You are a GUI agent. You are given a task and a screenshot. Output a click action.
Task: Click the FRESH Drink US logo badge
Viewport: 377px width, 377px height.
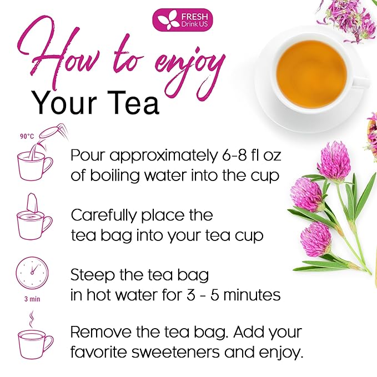[183, 20]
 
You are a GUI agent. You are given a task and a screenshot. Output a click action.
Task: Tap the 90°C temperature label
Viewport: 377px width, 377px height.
[27, 137]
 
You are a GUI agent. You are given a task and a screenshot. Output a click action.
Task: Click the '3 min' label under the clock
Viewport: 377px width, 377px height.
[32, 299]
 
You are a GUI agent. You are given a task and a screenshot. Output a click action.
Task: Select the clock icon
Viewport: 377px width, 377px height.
[32, 273]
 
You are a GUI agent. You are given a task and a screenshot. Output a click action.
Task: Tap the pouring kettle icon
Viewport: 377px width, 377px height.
[53, 133]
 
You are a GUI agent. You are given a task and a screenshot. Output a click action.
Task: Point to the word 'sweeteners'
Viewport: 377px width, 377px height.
[176, 352]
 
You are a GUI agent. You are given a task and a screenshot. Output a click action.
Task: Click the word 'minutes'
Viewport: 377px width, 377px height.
[252, 294]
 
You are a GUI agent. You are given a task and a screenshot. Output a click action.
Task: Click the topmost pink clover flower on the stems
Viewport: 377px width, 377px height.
[334, 161]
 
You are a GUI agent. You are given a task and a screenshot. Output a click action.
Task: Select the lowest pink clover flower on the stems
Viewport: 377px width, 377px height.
[316, 239]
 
